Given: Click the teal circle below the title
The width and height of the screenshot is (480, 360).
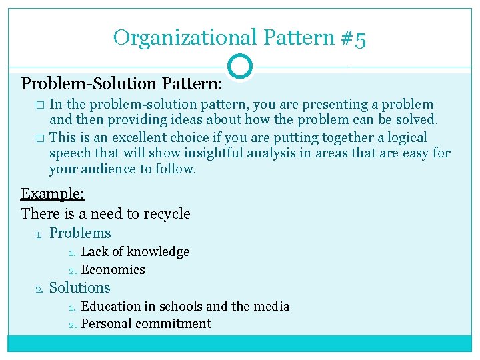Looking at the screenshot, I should pos(240,66).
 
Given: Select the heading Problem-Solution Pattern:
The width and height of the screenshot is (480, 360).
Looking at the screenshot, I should pos(121,84).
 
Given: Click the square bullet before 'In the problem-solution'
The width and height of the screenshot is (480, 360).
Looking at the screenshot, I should pos(40,105).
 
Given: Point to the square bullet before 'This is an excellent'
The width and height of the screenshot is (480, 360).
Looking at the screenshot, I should pos(40,138).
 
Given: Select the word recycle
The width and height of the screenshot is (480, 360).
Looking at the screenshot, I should pos(164,214).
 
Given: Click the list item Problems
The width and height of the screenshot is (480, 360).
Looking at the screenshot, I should pos(80,233).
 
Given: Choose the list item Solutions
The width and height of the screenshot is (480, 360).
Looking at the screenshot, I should pos(80,288).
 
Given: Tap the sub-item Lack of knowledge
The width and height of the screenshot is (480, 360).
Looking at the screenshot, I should pos(135,252).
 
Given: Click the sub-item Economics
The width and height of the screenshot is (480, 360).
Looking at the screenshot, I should pos(113,270).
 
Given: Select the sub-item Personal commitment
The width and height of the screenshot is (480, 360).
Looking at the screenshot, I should pos(146,324).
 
